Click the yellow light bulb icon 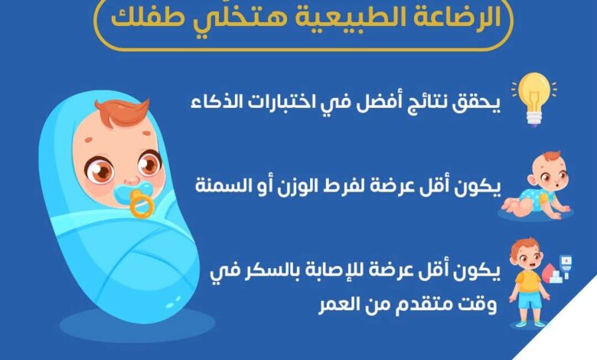(534, 98)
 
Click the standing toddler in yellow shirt (529, 283)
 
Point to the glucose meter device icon (566, 267)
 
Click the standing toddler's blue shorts (529, 299)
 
